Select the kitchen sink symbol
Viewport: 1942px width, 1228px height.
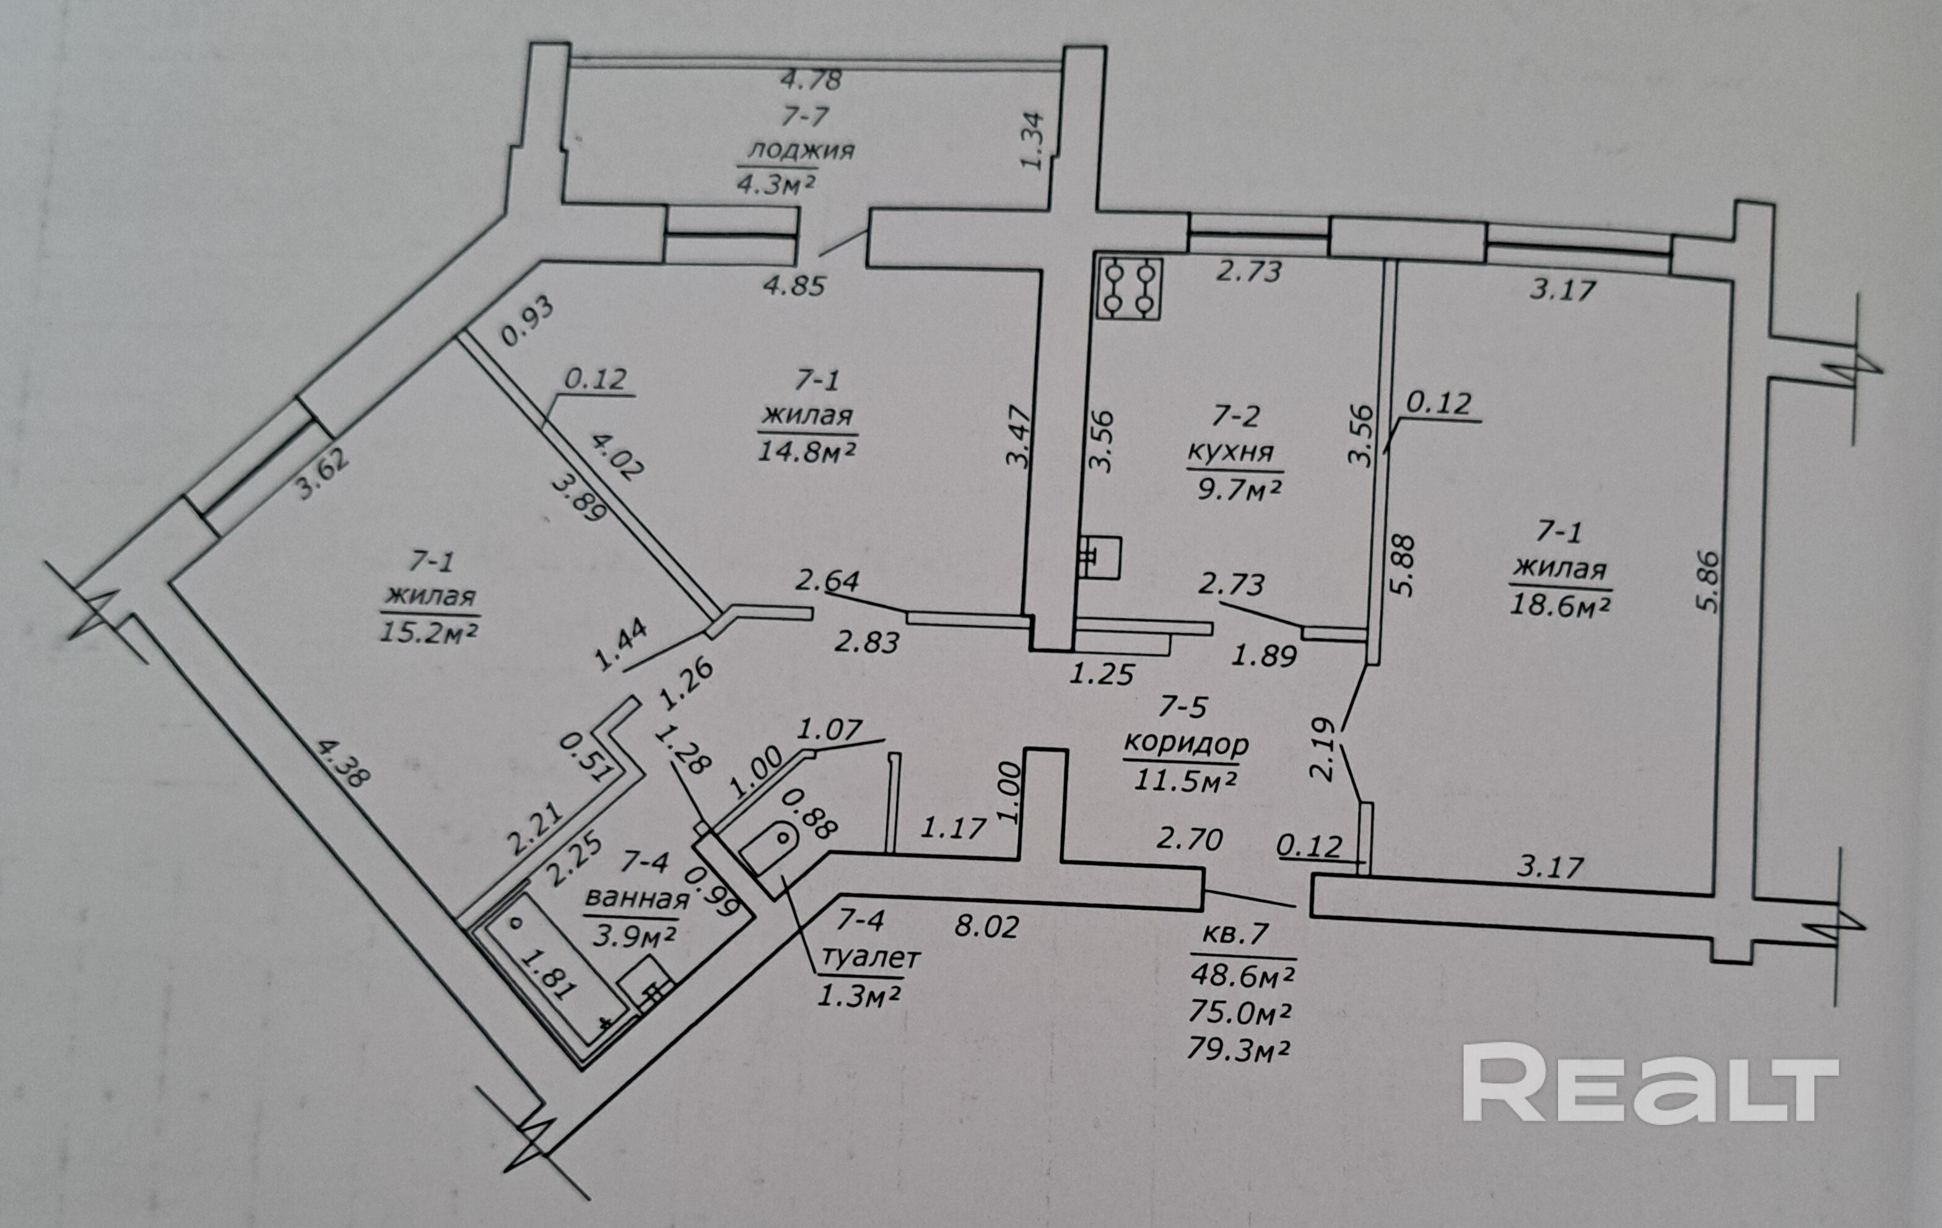click(x=1100, y=558)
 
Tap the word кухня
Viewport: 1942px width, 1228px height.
click(x=1234, y=453)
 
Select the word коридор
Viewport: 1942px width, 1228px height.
click(x=1185, y=743)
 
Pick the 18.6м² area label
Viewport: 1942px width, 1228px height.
click(x=1560, y=605)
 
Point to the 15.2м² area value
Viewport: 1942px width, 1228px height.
click(x=429, y=630)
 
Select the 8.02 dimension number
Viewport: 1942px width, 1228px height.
click(x=986, y=926)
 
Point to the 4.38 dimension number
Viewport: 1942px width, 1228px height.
click(x=342, y=764)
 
